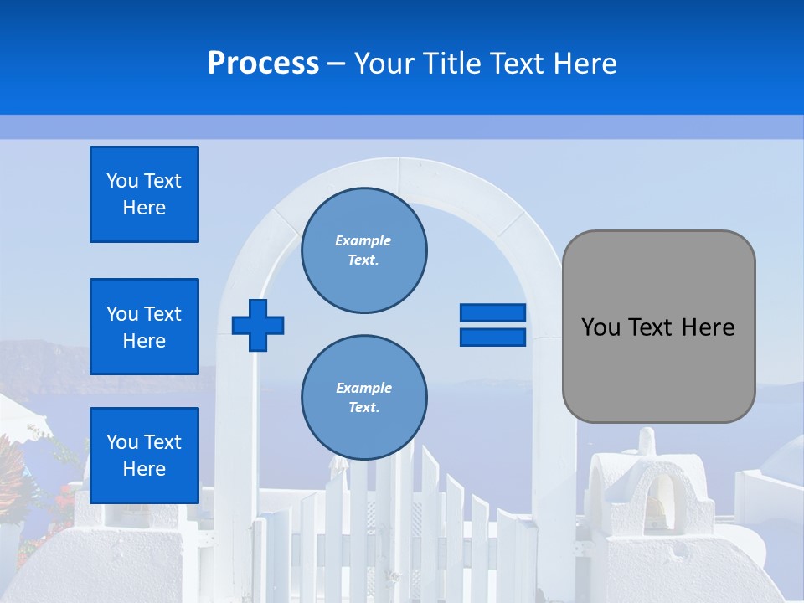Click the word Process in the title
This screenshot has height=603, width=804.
[x=263, y=63]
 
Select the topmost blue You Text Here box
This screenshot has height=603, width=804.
[x=144, y=194]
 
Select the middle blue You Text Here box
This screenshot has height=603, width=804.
[x=144, y=327]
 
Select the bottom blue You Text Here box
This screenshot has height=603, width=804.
[x=144, y=456]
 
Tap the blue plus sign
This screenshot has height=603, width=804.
[x=258, y=325]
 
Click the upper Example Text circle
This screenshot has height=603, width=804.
[x=363, y=250]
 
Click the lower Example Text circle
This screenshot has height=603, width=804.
[x=363, y=398]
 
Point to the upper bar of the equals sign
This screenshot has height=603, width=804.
[x=492, y=313]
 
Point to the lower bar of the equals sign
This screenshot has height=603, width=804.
[x=492, y=337]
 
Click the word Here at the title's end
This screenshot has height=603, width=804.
[x=586, y=63]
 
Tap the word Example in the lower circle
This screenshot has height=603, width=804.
[x=363, y=388]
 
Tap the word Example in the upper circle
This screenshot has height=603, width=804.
[x=363, y=240]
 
